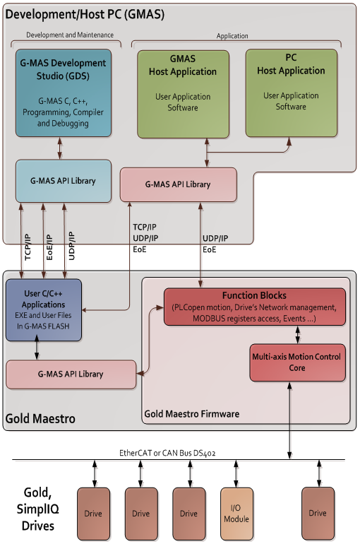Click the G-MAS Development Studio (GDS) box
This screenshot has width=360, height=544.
[64, 93]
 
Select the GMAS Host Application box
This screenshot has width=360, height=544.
[183, 95]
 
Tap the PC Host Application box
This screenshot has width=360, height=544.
[291, 93]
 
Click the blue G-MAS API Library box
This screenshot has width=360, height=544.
[64, 181]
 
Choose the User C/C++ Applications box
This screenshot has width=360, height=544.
[44, 310]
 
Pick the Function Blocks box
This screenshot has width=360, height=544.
[255, 307]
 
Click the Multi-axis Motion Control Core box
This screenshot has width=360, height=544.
[297, 362]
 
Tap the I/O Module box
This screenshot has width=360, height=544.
[236, 514]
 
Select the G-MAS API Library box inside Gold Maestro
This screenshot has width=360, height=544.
[71, 374]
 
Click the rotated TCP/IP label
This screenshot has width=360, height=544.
[28, 247]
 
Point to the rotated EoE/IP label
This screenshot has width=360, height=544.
[49, 247]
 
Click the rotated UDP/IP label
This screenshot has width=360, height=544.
[71, 246]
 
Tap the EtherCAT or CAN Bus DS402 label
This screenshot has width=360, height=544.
[167, 453]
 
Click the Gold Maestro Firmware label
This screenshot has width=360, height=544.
[191, 414]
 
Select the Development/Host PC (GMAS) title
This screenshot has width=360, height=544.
[85, 14]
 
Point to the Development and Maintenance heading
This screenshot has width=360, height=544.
[70, 35]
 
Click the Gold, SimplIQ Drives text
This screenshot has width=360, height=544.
[38, 509]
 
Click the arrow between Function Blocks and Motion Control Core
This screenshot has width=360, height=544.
[297, 335]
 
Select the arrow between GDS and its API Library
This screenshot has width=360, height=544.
[60, 148]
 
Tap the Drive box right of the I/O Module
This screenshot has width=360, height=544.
[318, 513]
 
